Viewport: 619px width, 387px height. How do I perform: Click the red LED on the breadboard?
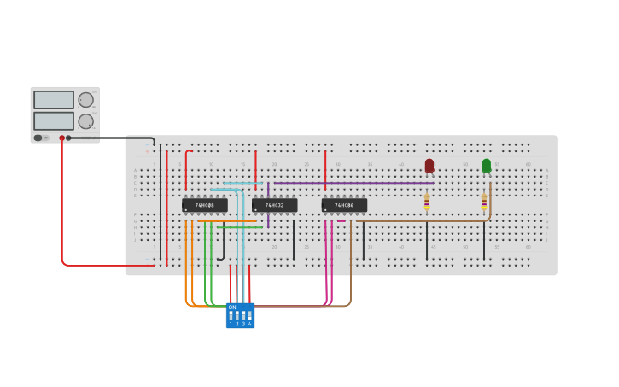pos(429,166)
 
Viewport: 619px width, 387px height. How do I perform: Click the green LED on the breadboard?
pos(487,166)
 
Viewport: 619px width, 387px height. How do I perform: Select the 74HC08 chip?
pos(205,205)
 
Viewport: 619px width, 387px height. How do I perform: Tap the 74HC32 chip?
pos(275,205)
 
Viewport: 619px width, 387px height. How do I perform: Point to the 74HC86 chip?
pos(344,205)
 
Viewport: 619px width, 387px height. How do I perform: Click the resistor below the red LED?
pos(427,202)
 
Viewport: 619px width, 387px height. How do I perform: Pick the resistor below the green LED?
pos(484,202)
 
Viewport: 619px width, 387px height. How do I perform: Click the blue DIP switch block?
pos(240,315)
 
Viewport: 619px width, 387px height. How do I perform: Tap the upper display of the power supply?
pos(54,100)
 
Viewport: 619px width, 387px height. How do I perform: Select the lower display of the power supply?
pos(54,120)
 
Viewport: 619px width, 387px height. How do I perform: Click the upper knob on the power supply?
pos(86,100)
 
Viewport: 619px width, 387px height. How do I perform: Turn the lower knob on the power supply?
pos(86,121)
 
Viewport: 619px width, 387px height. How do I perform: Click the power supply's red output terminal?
pos(61,138)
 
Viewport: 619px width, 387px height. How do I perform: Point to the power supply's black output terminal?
pos(68,138)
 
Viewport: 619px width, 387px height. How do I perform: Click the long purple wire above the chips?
pos(359,183)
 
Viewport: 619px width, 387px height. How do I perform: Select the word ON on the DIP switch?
pos(232,308)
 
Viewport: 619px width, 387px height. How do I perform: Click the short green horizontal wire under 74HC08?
pos(239,227)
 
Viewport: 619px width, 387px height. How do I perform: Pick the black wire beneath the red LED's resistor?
pos(427,241)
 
